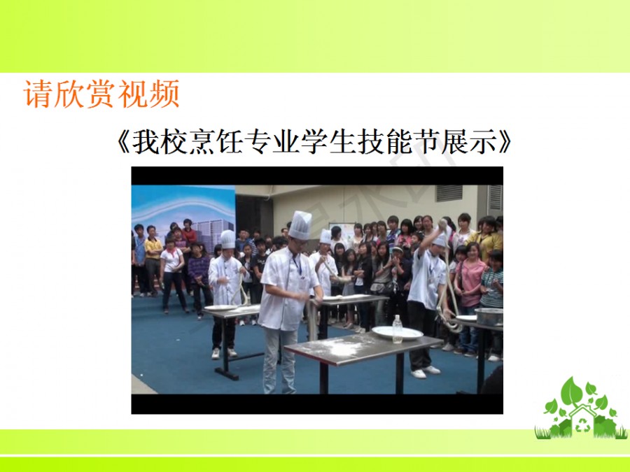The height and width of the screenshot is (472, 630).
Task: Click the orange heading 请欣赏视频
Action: pyautogui.click(x=101, y=94)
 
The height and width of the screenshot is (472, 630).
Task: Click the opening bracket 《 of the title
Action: pyautogui.click(x=123, y=142)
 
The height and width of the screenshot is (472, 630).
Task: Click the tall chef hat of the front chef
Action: pyautogui.click(x=300, y=224)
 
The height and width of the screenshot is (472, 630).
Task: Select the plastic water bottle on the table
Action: pyautogui.click(x=398, y=329)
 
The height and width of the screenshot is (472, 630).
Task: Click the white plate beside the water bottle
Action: pyautogui.click(x=397, y=333)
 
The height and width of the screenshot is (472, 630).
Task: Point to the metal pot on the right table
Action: pyautogui.click(x=489, y=316)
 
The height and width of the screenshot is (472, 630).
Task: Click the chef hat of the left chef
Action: pyautogui.click(x=227, y=239)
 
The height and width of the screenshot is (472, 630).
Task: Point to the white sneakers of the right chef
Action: pyautogui.click(x=426, y=372)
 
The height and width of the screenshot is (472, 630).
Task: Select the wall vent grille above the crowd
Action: pyautogui.click(x=449, y=193)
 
